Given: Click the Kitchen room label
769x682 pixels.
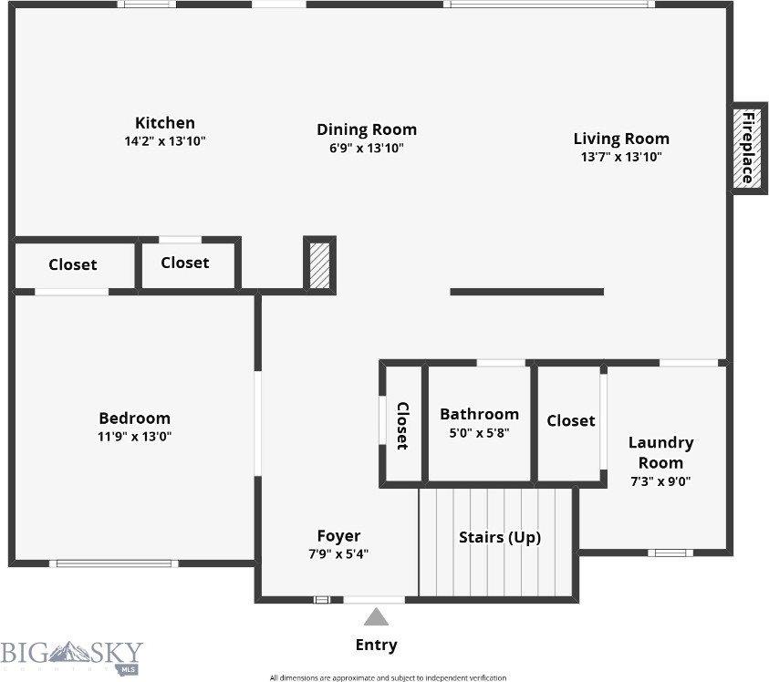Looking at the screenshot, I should (165, 123).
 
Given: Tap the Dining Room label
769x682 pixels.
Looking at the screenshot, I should (366, 129).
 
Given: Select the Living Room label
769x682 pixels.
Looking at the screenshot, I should (621, 139).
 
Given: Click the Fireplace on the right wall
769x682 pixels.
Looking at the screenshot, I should (747, 147).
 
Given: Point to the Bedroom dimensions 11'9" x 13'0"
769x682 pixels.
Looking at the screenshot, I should (135, 436).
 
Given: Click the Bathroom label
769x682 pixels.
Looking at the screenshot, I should (479, 414).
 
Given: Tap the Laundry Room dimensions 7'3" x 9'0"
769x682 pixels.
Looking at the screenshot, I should (660, 481).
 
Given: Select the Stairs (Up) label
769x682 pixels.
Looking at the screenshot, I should (499, 537).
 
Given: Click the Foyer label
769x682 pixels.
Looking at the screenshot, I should (338, 536).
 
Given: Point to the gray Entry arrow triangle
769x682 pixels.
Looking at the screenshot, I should (377, 617).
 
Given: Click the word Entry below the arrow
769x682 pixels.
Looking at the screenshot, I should (376, 645).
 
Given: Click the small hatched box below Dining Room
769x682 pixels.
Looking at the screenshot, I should (319, 263).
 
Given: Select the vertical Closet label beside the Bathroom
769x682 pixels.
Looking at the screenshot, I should (402, 426).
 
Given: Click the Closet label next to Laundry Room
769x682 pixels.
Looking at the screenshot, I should (571, 420).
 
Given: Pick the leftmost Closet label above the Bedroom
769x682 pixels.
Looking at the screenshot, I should (72, 264).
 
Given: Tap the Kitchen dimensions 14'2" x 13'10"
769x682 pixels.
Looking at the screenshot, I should (165, 141).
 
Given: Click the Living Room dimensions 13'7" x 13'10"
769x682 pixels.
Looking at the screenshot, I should (621, 157).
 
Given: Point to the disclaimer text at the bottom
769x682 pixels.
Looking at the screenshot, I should (388, 677).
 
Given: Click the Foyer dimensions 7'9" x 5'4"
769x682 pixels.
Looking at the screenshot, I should (338, 553).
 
